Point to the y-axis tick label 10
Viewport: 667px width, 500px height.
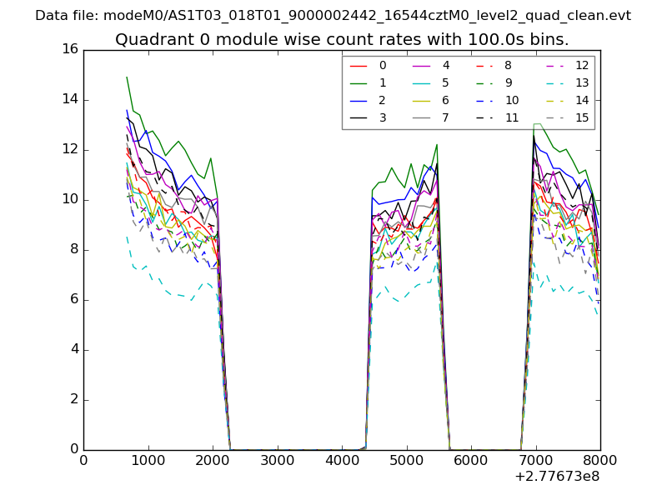70,199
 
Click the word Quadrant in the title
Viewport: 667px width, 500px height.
148,39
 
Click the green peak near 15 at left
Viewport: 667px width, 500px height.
127,77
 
